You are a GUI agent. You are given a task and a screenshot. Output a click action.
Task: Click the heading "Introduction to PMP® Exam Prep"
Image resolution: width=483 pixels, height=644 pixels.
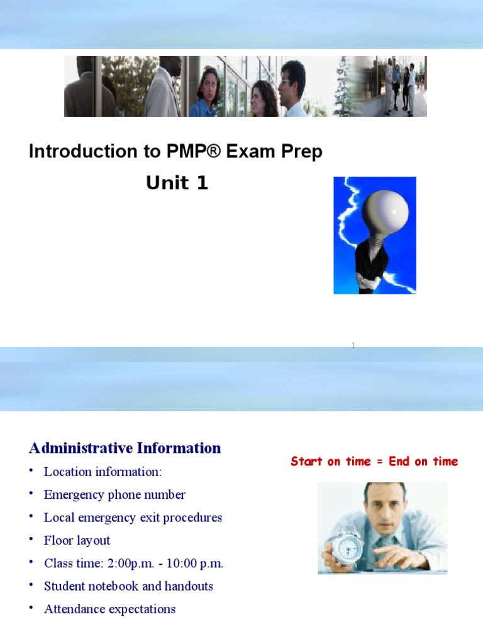pos(175,152)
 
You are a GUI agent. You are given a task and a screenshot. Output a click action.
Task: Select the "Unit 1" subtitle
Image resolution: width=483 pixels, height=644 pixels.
pos(177,183)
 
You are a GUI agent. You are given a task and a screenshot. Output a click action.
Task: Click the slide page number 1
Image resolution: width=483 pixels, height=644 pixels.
pos(353,345)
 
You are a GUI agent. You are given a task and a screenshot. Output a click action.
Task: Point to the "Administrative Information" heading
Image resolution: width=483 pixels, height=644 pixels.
pos(125,448)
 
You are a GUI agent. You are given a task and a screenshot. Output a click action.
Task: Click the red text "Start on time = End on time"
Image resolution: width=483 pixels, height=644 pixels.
pos(374,462)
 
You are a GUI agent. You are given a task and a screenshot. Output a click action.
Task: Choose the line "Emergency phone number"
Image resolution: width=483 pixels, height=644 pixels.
pos(114,495)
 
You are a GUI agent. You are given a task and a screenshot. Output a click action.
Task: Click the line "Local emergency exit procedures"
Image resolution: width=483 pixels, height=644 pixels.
pos(133,518)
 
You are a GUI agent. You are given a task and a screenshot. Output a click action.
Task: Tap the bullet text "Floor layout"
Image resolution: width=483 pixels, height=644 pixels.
pos(77,540)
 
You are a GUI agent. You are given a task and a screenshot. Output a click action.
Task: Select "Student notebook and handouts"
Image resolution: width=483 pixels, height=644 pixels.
pos(128,586)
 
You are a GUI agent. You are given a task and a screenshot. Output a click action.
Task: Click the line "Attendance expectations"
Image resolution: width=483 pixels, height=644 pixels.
pos(109,609)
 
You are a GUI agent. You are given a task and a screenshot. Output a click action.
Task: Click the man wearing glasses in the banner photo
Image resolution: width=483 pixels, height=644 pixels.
pos(292,88)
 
